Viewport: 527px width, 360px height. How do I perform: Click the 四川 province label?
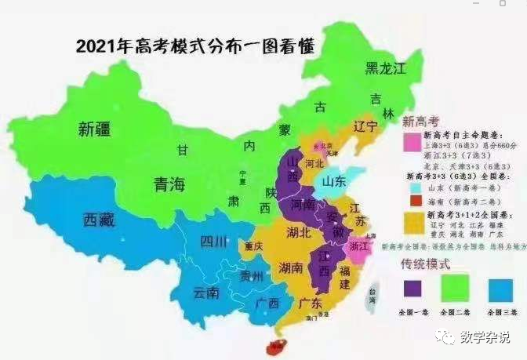(212, 241)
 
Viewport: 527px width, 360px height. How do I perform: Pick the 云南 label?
(206, 293)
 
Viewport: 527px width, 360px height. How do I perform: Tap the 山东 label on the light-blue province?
(338, 183)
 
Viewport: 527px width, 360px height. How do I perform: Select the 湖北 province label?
(300, 232)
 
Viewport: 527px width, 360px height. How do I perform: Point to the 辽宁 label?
(365, 125)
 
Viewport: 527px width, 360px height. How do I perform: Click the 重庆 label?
(253, 245)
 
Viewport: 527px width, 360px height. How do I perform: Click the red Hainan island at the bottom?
(274, 345)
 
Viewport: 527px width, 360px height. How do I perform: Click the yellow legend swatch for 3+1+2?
(413, 220)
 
